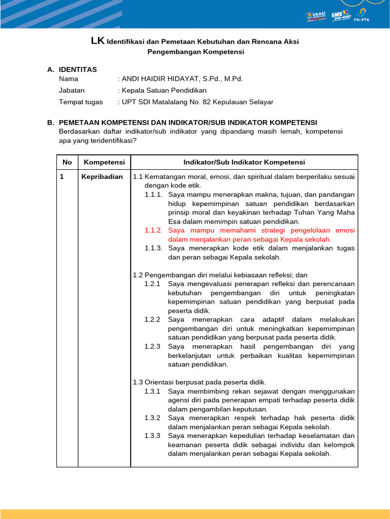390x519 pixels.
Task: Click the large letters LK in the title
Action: click(97, 42)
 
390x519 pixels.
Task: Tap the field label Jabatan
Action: click(72, 90)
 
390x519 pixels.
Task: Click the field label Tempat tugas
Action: click(81, 102)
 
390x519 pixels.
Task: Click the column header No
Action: click(67, 162)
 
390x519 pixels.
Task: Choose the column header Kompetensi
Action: click(104, 162)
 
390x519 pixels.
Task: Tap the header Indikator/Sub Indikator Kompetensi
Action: click(244, 162)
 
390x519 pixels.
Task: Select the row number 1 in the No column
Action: click(61, 177)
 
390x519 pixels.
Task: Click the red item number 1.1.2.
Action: click(153, 230)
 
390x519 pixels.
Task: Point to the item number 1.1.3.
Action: click(153, 248)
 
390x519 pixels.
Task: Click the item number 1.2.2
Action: click(152, 320)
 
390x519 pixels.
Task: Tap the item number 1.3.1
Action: click(152, 392)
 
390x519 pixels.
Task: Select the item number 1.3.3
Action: click(152, 436)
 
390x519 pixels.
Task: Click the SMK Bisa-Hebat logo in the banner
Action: click(340, 16)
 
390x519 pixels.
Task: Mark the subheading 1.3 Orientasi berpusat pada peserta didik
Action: click(199, 382)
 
